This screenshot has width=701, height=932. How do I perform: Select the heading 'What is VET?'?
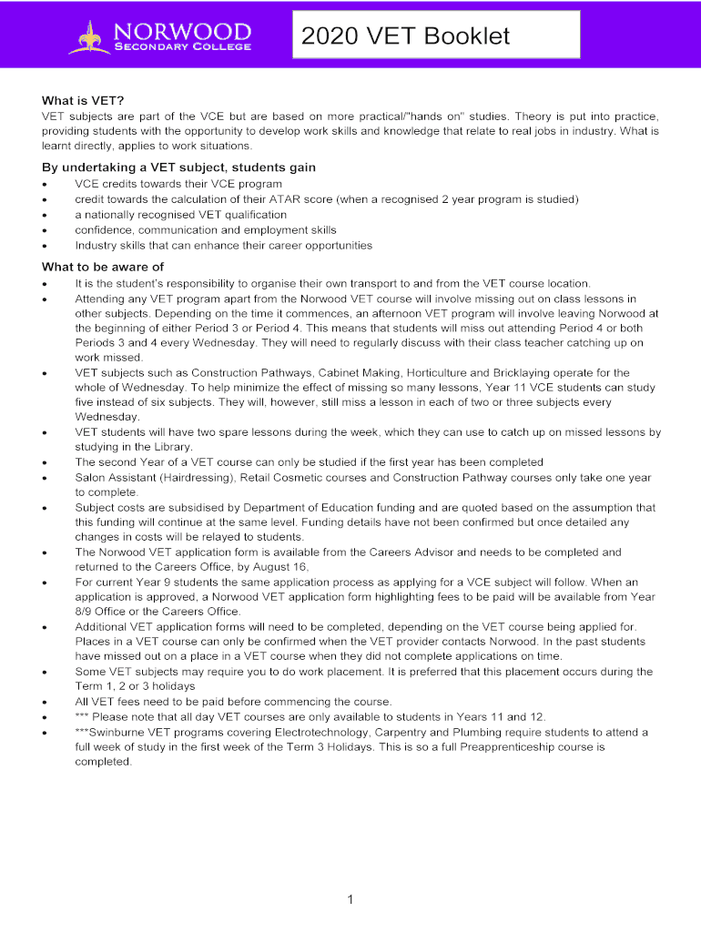[83, 100]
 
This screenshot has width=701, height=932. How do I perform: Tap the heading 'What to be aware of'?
[103, 267]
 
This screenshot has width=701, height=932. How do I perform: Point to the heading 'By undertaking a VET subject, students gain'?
[179, 167]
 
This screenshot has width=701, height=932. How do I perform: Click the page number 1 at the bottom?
[350, 899]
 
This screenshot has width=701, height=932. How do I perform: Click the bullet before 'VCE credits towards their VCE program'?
[46, 185]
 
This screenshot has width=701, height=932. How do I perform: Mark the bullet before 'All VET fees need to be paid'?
[46, 702]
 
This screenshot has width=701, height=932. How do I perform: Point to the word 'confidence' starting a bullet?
[104, 230]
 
